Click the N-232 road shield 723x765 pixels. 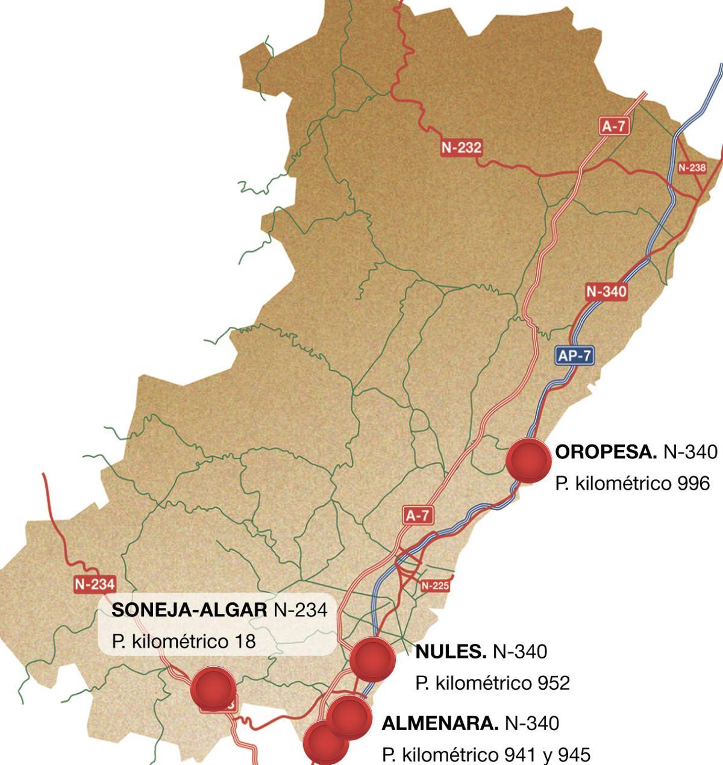click(x=462, y=148)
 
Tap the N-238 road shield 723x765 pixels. click(x=692, y=167)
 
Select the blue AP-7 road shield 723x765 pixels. click(x=574, y=356)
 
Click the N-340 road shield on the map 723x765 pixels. click(x=606, y=292)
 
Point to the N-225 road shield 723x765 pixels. click(x=435, y=585)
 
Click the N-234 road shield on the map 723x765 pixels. click(x=95, y=584)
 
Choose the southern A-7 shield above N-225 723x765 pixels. click(x=418, y=516)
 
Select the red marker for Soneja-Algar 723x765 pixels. click(x=213, y=688)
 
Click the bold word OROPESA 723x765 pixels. click(x=606, y=452)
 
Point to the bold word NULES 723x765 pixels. click(x=451, y=651)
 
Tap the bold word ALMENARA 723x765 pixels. click(x=440, y=723)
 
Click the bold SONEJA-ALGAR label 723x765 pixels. click(x=189, y=610)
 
